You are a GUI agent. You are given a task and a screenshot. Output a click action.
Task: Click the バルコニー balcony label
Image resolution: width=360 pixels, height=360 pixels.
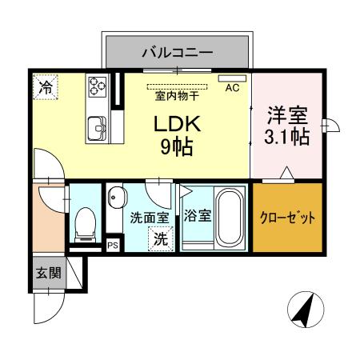pyautogui.click(x=177, y=53)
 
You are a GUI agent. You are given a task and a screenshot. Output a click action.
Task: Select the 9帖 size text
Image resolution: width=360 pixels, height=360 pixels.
pyautogui.click(x=178, y=147)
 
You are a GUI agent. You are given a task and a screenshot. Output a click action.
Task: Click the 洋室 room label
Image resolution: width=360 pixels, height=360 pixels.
pyautogui.click(x=287, y=114)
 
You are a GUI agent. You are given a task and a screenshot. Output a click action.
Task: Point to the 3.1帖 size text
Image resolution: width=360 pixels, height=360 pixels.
pyautogui.click(x=287, y=137)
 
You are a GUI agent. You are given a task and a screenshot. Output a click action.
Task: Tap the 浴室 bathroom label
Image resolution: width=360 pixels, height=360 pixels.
pyautogui.click(x=196, y=216)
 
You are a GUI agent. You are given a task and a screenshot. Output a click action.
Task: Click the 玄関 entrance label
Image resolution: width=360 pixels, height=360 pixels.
pyautogui.click(x=47, y=273)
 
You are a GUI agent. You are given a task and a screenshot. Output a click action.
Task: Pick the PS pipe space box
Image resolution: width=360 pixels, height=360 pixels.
pyautogui.click(x=112, y=246)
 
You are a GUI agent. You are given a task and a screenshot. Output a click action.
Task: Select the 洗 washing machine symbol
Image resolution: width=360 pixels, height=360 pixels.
pyautogui.click(x=160, y=238)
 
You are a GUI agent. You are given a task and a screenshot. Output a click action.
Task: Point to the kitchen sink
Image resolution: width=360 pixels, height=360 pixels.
pyautogui.click(x=97, y=126)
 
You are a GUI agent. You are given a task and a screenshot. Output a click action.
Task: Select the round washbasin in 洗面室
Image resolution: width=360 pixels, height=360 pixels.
pyautogui.click(x=117, y=196)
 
